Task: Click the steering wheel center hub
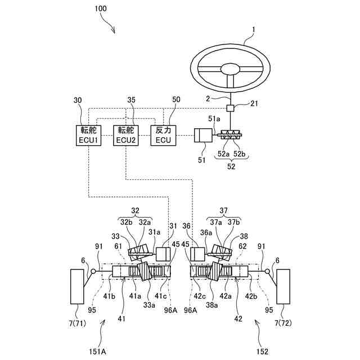(x=230, y=69)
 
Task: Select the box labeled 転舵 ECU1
(x=89, y=135)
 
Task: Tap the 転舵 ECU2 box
(x=126, y=135)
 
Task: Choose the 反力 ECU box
(x=164, y=135)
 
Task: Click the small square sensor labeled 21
(x=230, y=108)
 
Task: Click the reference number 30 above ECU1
(x=78, y=100)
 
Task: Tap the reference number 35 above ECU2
(x=132, y=100)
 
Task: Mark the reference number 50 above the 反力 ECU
(x=176, y=100)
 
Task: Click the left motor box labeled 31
(x=163, y=254)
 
